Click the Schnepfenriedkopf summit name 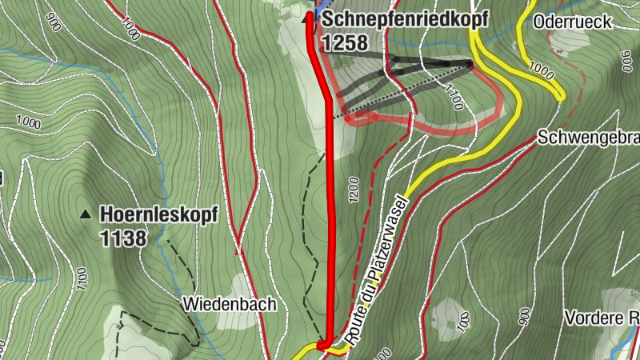point(404,20)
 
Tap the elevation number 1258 point(346,42)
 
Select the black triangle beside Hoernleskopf point(85,214)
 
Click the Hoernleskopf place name point(159,214)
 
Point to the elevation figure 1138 point(124,237)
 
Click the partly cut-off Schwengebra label point(589,137)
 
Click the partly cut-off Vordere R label point(601,318)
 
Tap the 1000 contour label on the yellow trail point(541,73)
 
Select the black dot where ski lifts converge point(470,63)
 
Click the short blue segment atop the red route point(314,14)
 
